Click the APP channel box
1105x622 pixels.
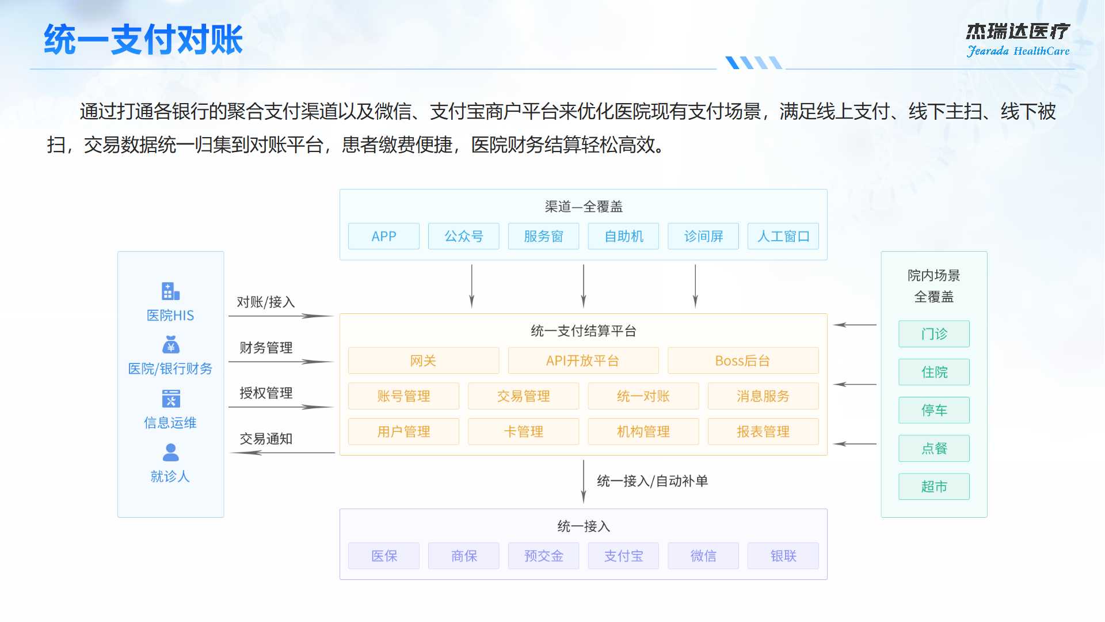point(384,236)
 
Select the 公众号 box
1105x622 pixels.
point(463,236)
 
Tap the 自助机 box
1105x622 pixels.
point(623,236)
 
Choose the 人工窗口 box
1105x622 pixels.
point(783,236)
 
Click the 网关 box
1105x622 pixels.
point(423,361)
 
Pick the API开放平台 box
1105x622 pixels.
point(583,361)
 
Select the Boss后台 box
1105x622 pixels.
point(742,361)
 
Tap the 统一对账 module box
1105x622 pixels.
point(643,396)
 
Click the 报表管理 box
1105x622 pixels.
point(763,431)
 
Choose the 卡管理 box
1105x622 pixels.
point(523,431)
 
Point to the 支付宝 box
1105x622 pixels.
point(623,556)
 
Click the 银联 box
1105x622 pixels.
point(783,556)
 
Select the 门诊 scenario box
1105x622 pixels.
point(933,334)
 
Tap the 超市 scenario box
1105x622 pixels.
point(933,487)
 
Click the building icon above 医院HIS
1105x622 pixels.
point(170,291)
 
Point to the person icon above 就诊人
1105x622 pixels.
point(170,452)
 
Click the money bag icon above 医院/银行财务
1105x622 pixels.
point(170,344)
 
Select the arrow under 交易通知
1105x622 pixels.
point(282,453)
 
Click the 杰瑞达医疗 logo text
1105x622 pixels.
point(1018,32)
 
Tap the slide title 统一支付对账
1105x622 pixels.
point(143,40)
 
